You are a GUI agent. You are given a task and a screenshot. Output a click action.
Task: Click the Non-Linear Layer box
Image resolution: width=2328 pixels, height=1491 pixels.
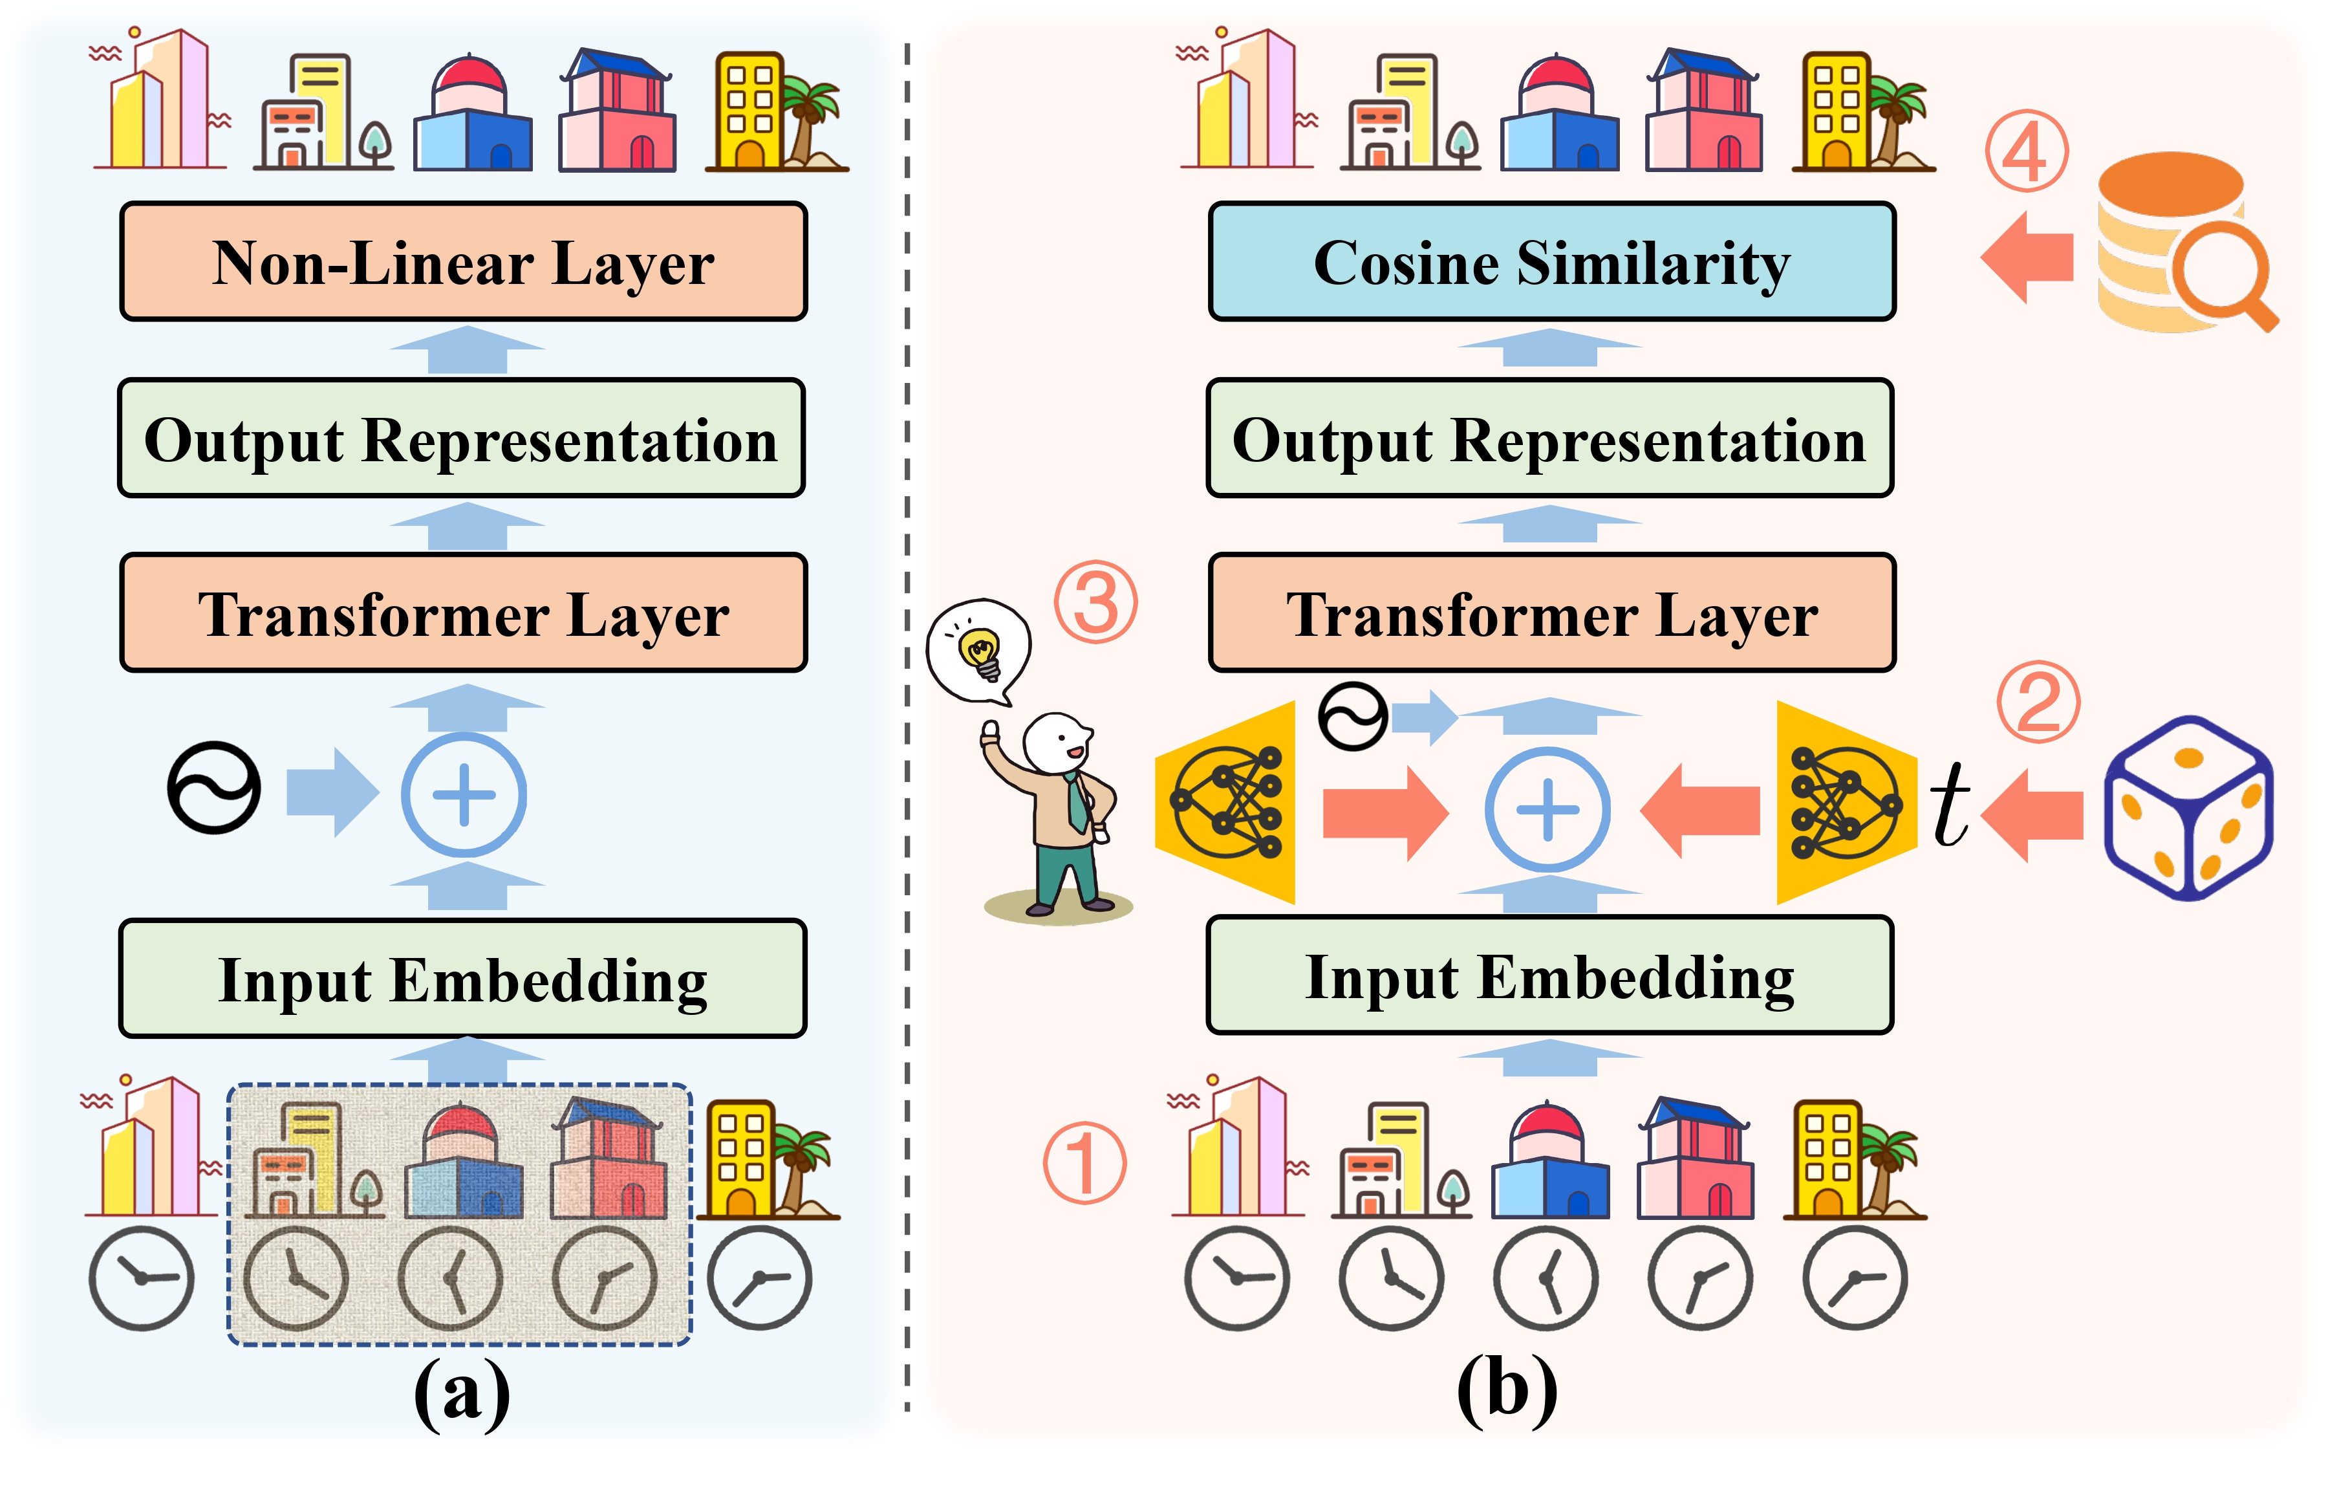tap(463, 261)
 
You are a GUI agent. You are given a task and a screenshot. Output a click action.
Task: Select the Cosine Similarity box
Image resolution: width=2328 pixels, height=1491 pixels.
tap(1552, 261)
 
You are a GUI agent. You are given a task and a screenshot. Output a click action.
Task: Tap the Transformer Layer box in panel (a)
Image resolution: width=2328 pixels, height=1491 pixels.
tap(463, 613)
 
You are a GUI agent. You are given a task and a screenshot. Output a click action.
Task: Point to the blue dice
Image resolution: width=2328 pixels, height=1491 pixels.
tap(2188, 809)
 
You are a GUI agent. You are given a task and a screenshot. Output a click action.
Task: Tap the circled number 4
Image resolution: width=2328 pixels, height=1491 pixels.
tap(2026, 152)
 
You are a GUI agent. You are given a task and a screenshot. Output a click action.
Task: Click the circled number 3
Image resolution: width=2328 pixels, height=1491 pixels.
tap(1095, 602)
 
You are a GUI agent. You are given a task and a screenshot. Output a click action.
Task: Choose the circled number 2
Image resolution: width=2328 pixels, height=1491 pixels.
tap(2038, 702)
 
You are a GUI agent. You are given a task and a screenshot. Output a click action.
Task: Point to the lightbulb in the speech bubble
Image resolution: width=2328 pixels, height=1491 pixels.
tap(980, 651)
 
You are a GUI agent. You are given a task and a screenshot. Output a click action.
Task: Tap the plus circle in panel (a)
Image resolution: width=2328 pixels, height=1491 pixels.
tap(464, 795)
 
